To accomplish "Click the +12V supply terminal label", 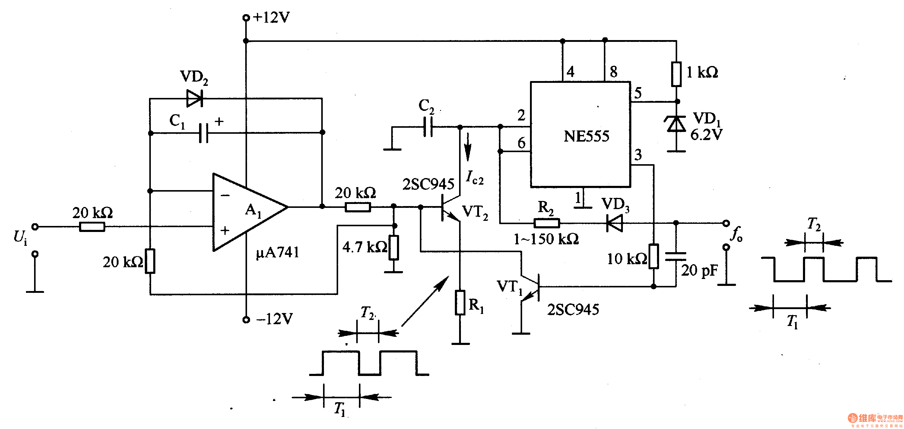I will tap(271, 17).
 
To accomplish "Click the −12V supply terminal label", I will tap(274, 319).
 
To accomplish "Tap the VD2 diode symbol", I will tap(194, 98).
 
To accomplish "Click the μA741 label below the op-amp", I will tap(278, 252).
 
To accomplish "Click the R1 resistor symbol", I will tap(460, 302).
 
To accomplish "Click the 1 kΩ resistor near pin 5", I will tap(676, 74).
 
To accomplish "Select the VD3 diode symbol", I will tap(615, 223).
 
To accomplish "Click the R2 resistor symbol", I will tap(546, 223).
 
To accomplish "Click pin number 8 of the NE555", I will tap(614, 71).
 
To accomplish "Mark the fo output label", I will tap(736, 234).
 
